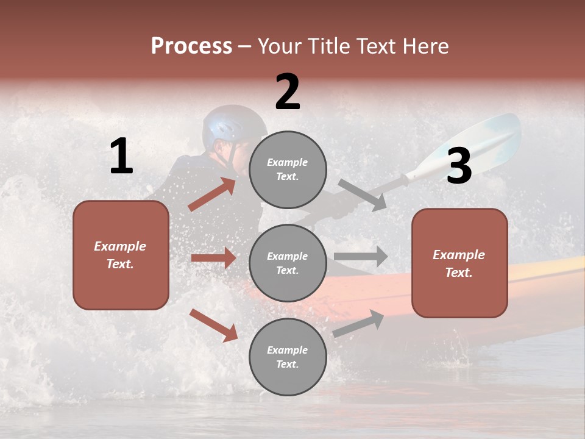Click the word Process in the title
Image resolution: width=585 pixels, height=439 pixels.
coord(191,46)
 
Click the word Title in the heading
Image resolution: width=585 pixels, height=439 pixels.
coord(328,46)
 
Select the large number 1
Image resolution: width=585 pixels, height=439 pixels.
coord(121,157)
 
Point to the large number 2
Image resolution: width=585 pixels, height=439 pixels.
coord(288,92)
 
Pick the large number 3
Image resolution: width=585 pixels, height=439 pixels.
coord(459,166)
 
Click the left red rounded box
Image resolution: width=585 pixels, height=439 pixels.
coord(121,255)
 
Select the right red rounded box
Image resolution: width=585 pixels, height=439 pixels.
coord(459,263)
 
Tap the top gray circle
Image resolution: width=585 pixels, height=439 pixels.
coord(288,170)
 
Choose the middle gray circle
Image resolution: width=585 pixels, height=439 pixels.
coord(288,263)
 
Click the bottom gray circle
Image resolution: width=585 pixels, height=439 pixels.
coord(288,357)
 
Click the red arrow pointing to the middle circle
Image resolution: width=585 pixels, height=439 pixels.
coord(213,258)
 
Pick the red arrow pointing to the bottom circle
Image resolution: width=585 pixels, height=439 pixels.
coord(213,325)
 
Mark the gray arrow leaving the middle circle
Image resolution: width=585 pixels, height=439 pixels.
coord(361,257)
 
